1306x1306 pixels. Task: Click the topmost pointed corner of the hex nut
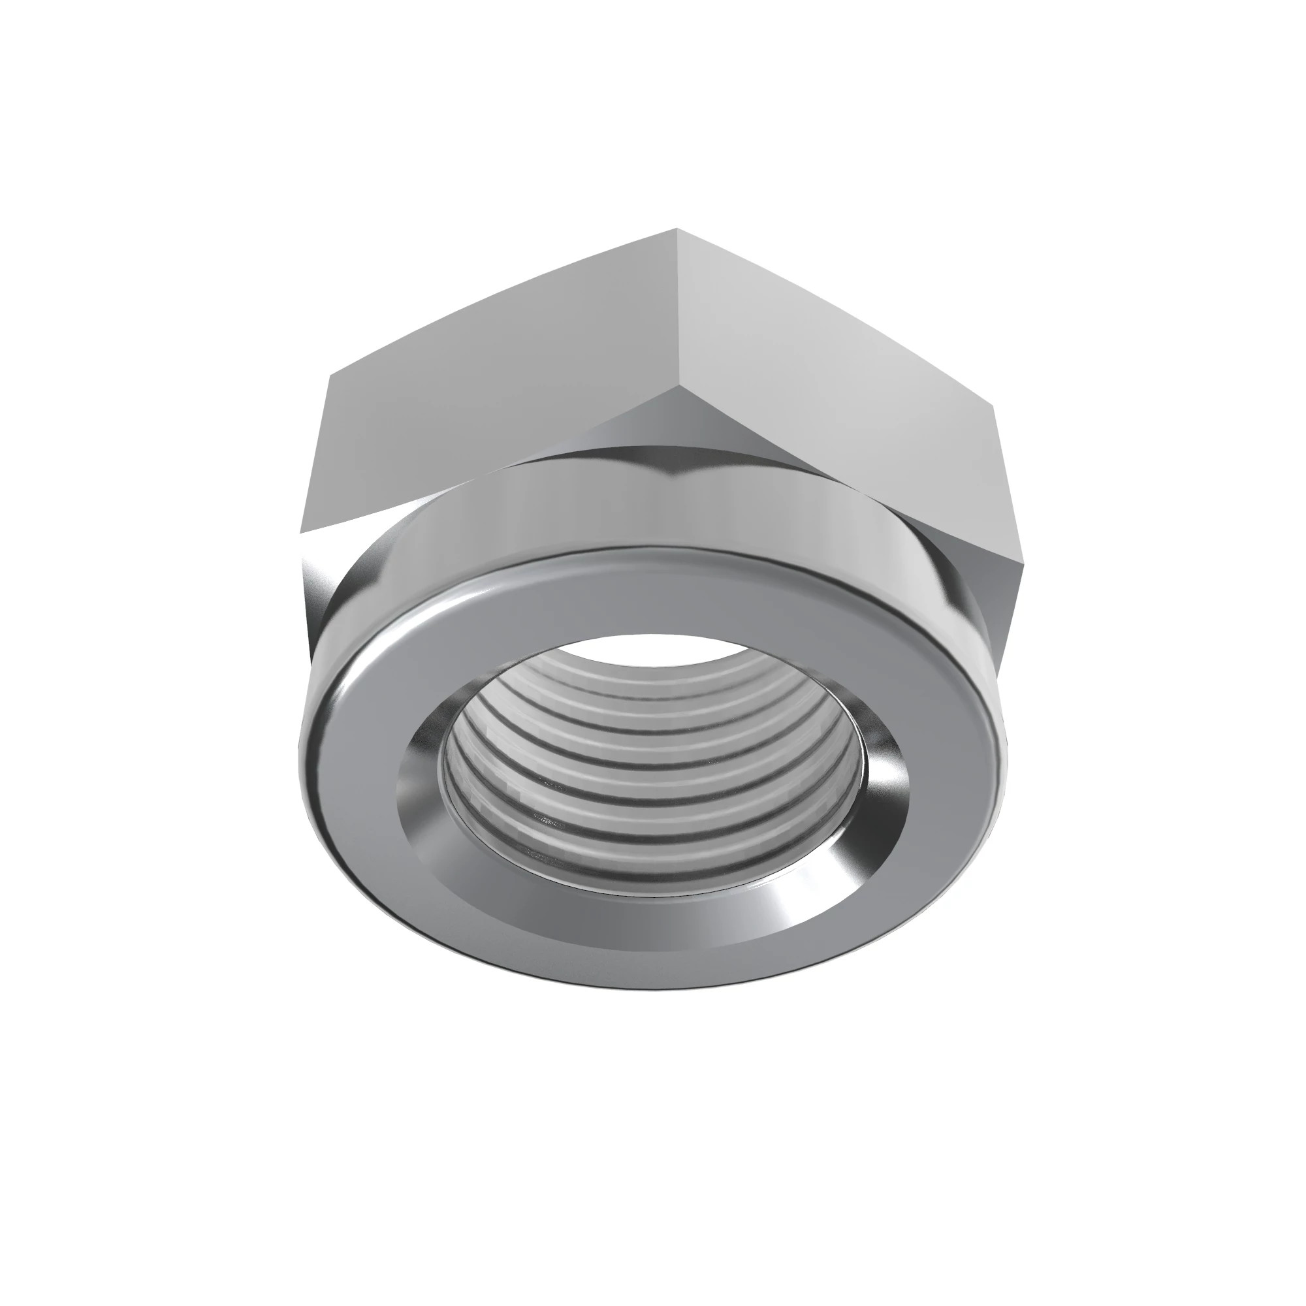point(677,230)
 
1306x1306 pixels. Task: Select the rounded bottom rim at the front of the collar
point(649,983)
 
